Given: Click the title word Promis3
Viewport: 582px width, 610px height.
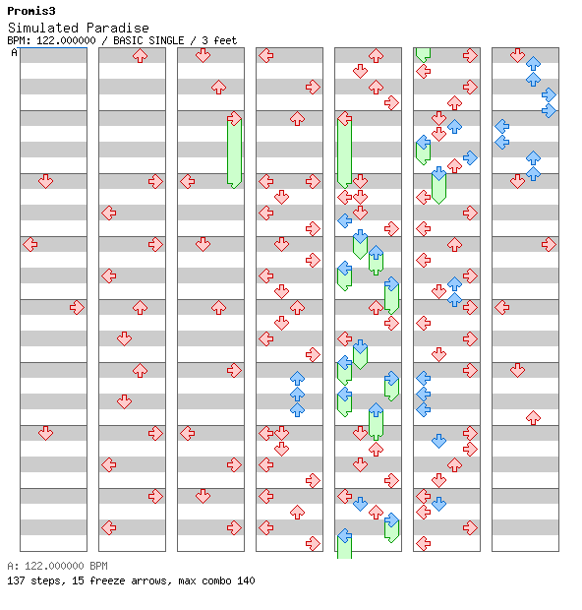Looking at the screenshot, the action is (x=31, y=11).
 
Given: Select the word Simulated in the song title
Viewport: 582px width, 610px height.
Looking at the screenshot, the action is (x=43, y=28).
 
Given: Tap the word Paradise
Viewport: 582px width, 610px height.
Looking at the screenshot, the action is (x=118, y=28).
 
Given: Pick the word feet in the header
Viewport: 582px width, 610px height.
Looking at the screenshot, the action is (x=225, y=40).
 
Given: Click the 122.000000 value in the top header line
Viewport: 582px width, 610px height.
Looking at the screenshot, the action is (x=66, y=40).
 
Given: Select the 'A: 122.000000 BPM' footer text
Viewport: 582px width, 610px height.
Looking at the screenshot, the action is (x=58, y=566).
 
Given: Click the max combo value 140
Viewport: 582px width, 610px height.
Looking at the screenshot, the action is (x=246, y=580).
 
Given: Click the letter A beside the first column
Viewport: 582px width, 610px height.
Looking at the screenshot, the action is (x=15, y=52).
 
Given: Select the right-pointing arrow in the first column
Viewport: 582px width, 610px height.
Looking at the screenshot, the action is (x=77, y=307).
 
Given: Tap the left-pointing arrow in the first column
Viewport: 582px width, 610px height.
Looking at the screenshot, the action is (x=30, y=244).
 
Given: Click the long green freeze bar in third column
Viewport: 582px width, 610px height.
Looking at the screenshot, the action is (x=234, y=152).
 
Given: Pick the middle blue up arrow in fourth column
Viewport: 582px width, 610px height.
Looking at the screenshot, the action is (x=298, y=395).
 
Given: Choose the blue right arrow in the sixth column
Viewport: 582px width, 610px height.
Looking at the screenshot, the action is (x=471, y=158).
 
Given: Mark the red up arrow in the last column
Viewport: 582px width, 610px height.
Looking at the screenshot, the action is (x=534, y=418).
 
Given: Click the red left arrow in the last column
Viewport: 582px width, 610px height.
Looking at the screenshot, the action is (x=502, y=307).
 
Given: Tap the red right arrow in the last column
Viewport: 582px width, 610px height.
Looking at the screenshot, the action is (x=549, y=244).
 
